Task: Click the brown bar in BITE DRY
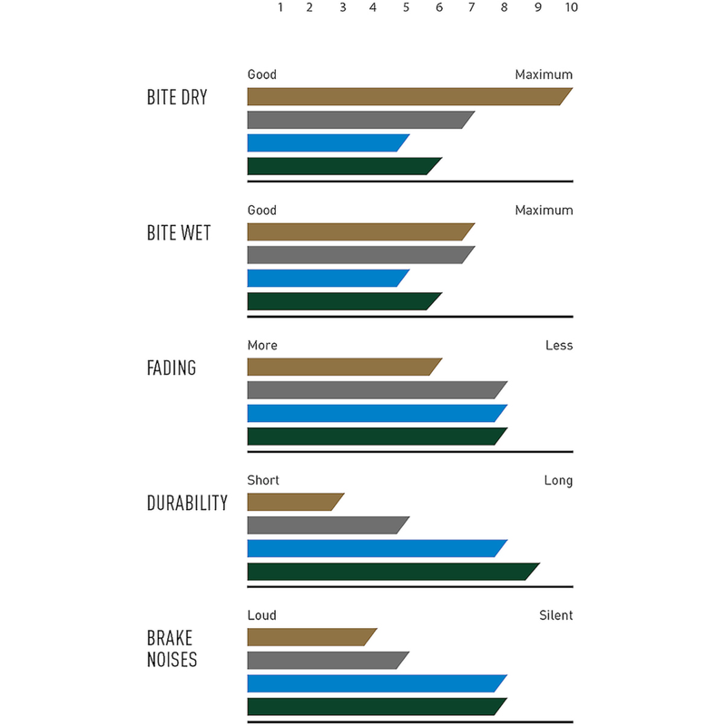408,97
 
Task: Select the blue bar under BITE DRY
327,142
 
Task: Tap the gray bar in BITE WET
359,255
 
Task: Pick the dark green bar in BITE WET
343,301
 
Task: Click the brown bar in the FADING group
343,367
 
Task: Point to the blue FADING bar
376,413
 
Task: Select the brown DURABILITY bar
295,502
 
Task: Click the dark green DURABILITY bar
392,572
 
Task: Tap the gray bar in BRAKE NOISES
327,661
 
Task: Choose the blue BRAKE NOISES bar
376,683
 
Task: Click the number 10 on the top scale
571,7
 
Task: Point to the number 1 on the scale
280,7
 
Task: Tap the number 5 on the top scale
406,7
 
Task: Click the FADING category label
172,368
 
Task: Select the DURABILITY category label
187,504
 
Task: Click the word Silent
555,615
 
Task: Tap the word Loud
262,615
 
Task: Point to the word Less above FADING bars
559,345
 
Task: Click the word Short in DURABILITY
263,480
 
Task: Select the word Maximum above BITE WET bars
544,211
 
